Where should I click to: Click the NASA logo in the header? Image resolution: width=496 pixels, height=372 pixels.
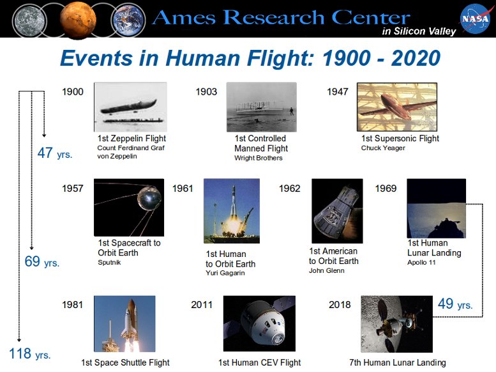pyautogui.click(x=475, y=20)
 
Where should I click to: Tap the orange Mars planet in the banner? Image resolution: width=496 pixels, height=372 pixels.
pyautogui.click(x=78, y=19)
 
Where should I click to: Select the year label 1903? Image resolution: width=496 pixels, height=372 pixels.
pyautogui.click(x=206, y=92)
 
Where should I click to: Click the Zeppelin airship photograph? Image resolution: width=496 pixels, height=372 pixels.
pyautogui.click(x=131, y=107)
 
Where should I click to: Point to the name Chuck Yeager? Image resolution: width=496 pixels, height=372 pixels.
pyautogui.click(x=383, y=148)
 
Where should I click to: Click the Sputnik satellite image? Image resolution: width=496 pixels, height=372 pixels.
pyautogui.click(x=129, y=207)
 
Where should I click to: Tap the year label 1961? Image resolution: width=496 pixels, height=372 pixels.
pyautogui.click(x=183, y=189)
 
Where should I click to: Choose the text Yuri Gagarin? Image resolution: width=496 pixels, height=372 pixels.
pyautogui.click(x=225, y=273)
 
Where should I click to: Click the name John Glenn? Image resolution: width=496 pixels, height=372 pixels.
pyautogui.click(x=327, y=270)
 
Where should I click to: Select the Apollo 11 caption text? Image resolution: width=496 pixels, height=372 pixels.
pyautogui.click(x=421, y=262)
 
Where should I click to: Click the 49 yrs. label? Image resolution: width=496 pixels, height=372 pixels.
pyautogui.click(x=455, y=304)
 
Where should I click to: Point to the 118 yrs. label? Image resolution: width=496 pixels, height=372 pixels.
pyautogui.click(x=30, y=353)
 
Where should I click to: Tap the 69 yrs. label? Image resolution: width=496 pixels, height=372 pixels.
pyautogui.click(x=42, y=261)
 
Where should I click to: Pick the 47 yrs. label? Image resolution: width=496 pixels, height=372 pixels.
pyautogui.click(x=55, y=153)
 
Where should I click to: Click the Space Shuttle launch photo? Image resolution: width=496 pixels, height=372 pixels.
pyautogui.click(x=124, y=324)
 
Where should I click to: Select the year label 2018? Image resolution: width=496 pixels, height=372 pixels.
pyautogui.click(x=340, y=305)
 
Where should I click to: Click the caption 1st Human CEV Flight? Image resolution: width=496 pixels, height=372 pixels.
pyautogui.click(x=259, y=362)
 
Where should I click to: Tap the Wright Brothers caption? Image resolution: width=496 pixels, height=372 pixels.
pyautogui.click(x=259, y=158)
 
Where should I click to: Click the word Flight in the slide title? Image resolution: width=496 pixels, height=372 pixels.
pyautogui.click(x=280, y=59)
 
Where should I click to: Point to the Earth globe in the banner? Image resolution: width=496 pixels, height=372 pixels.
pyautogui.click(x=128, y=20)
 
